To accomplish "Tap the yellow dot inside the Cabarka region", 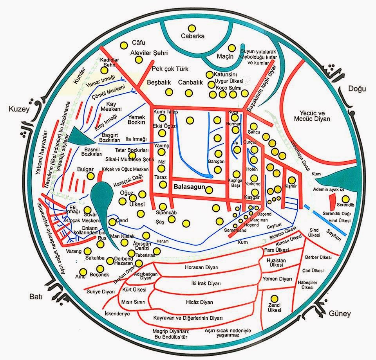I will (x=192, y=28).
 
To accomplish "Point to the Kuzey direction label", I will (x=16, y=109).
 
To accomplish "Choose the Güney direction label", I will (x=340, y=313).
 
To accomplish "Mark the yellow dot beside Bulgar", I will (x=91, y=176).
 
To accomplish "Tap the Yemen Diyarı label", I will (x=280, y=279).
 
